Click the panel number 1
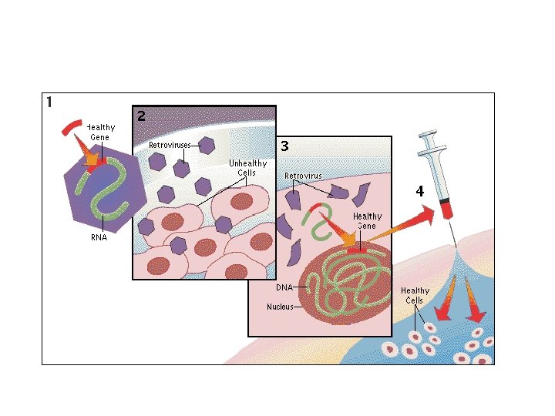pyautogui.click(x=49, y=102)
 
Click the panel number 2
pyautogui.click(x=141, y=116)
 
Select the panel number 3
pyautogui.click(x=284, y=145)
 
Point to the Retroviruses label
pyautogui.click(x=168, y=144)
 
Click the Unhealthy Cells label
pyautogui.click(x=247, y=167)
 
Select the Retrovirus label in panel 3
pyautogui.click(x=303, y=176)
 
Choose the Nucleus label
pyautogui.click(x=280, y=307)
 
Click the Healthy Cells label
pyautogui.click(x=415, y=295)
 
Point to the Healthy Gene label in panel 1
pyautogui.click(x=100, y=132)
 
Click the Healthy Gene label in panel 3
pyautogui.click(x=367, y=221)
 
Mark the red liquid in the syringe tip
pyautogui.click(x=445, y=207)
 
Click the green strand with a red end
pyautogui.click(x=318, y=217)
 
